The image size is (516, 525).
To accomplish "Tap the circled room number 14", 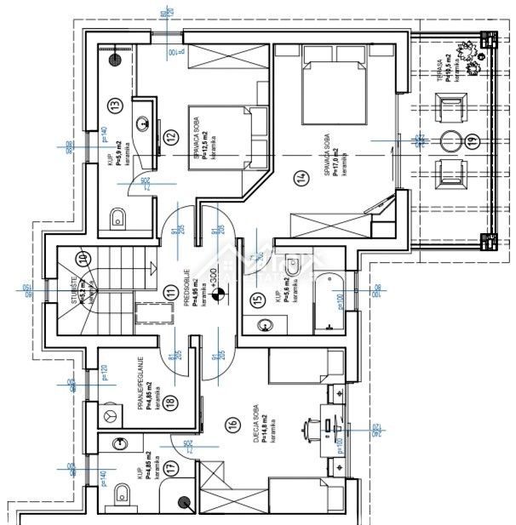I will point(300,178).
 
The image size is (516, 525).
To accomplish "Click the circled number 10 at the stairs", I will point(83,259).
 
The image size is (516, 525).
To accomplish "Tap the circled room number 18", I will point(170,404).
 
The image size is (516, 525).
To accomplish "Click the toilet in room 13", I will point(119,219).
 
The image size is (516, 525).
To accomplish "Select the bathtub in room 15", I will point(327,303).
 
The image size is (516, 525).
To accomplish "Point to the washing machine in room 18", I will point(110,414).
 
